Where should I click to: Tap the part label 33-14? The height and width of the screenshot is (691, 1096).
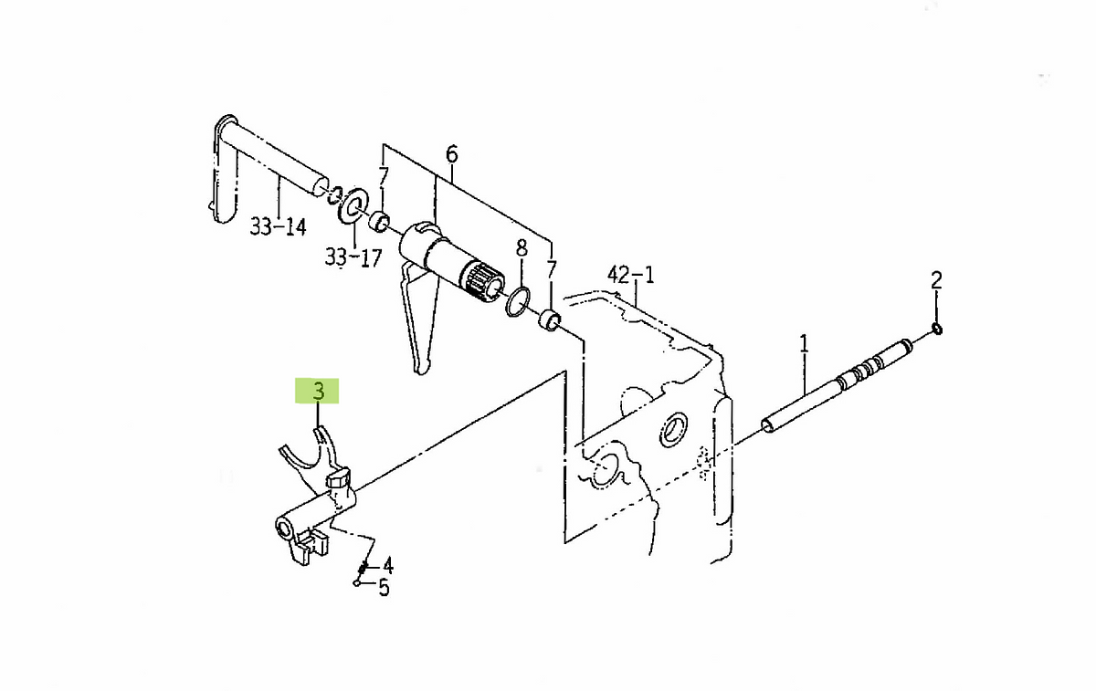278,227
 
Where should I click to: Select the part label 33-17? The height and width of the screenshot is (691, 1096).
353,257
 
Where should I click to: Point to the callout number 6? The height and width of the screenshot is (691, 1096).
451,154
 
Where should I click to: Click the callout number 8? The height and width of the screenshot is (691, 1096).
522,248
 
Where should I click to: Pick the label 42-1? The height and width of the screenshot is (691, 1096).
631,276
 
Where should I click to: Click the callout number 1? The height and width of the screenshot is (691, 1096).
804,344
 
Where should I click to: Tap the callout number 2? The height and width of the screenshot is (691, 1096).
936,281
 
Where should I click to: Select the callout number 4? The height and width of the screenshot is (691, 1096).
388,566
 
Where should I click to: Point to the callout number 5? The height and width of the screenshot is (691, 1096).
385,588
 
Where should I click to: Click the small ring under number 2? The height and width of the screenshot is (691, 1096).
937,330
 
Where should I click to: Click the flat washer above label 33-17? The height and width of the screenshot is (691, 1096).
353,204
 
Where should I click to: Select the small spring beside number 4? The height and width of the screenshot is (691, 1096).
363,567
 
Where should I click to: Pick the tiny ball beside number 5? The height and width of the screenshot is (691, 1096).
356,582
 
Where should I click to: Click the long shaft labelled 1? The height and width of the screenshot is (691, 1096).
837,386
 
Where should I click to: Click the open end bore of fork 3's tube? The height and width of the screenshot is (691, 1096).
283,529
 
